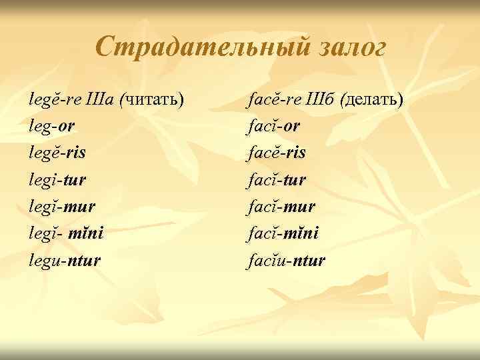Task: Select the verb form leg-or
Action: tap(52, 127)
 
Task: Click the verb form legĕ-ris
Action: tap(57, 153)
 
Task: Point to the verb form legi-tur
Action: tap(57, 179)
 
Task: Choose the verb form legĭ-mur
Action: tap(61, 206)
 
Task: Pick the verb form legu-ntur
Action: tap(65, 259)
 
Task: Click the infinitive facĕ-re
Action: tap(274, 100)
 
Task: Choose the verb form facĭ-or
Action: tap(272, 127)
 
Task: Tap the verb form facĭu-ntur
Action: tap(286, 259)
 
